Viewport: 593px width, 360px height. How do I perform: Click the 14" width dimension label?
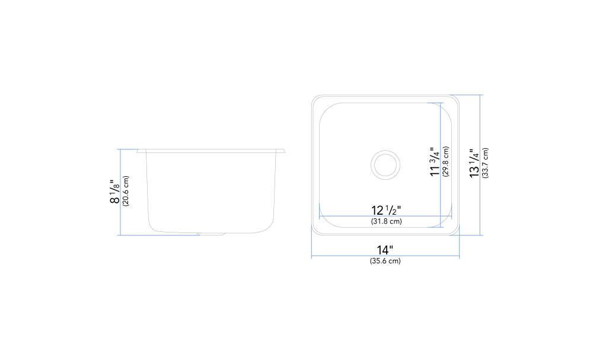click(385, 250)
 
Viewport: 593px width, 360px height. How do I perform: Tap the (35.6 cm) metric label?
click(385, 261)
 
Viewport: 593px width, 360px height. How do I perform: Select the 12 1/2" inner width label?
click(386, 211)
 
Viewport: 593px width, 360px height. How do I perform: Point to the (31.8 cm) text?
click(386, 221)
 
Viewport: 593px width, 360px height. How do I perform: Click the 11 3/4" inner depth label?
click(435, 161)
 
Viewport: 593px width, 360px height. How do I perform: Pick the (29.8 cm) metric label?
click(445, 161)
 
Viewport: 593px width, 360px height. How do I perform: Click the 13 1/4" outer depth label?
click(474, 163)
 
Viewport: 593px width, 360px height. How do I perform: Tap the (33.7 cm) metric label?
click(485, 163)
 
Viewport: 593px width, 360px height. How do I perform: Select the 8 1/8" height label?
click(114, 192)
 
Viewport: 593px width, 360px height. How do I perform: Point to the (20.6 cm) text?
click(126, 190)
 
